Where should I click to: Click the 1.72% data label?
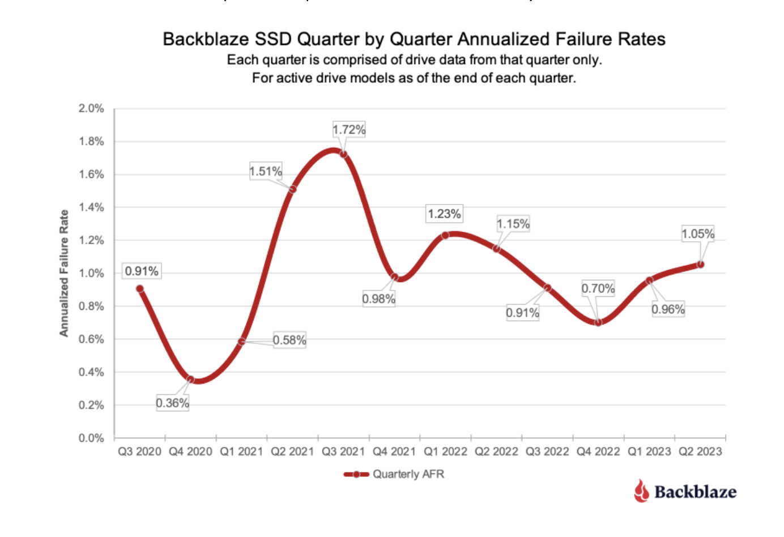[349, 130]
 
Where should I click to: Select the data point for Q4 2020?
[191, 380]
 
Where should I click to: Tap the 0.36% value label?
[172, 403]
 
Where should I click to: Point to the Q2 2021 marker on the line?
[292, 189]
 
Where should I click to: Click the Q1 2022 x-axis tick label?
[445, 451]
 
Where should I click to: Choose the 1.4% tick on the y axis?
[91, 207]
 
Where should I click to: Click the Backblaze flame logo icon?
[641, 491]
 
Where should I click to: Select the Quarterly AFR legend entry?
[394, 474]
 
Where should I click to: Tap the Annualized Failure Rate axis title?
[64, 273]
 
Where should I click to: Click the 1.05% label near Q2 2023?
[697, 234]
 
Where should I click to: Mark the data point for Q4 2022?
[598, 322]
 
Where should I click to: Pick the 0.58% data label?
[289, 340]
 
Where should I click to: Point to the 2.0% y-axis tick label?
[91, 108]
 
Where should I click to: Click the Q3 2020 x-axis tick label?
[139, 451]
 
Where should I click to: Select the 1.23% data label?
[444, 214]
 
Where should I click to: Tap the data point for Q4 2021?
[395, 277]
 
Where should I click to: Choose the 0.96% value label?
[668, 309]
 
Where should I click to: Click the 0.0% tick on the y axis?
[91, 438]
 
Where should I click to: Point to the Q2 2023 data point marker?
[701, 265]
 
